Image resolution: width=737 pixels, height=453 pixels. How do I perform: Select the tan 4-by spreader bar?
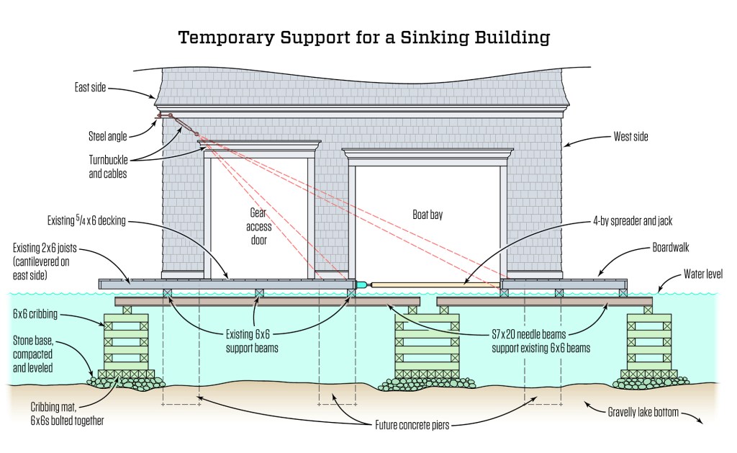pyautogui.click(x=432, y=284)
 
